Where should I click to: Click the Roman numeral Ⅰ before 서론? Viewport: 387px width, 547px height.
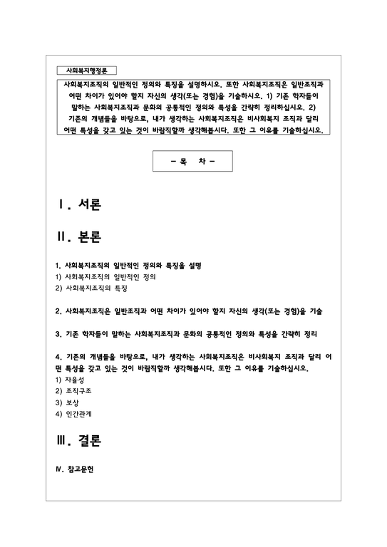coord(63,205)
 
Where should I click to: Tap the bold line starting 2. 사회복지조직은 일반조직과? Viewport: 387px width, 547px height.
coord(189,311)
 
